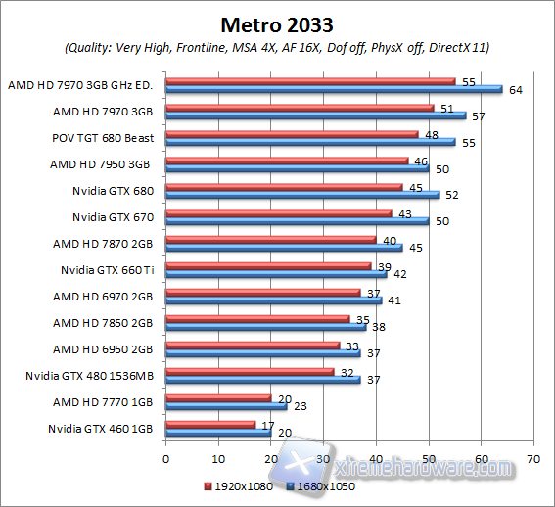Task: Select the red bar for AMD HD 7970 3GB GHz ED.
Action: pyautogui.click(x=310, y=81)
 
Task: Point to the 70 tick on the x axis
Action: pyautogui.click(x=532, y=457)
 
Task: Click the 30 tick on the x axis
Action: pyautogui.click(x=323, y=457)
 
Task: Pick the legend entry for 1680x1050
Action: pyautogui.click(x=317, y=485)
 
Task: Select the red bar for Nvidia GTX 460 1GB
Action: pyautogui.click(x=210, y=425)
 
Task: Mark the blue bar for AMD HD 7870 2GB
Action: pyautogui.click(x=284, y=248)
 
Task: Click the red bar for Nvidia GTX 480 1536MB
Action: pyautogui.click(x=250, y=372)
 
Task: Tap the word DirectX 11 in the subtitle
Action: pyautogui.click(x=464, y=47)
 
